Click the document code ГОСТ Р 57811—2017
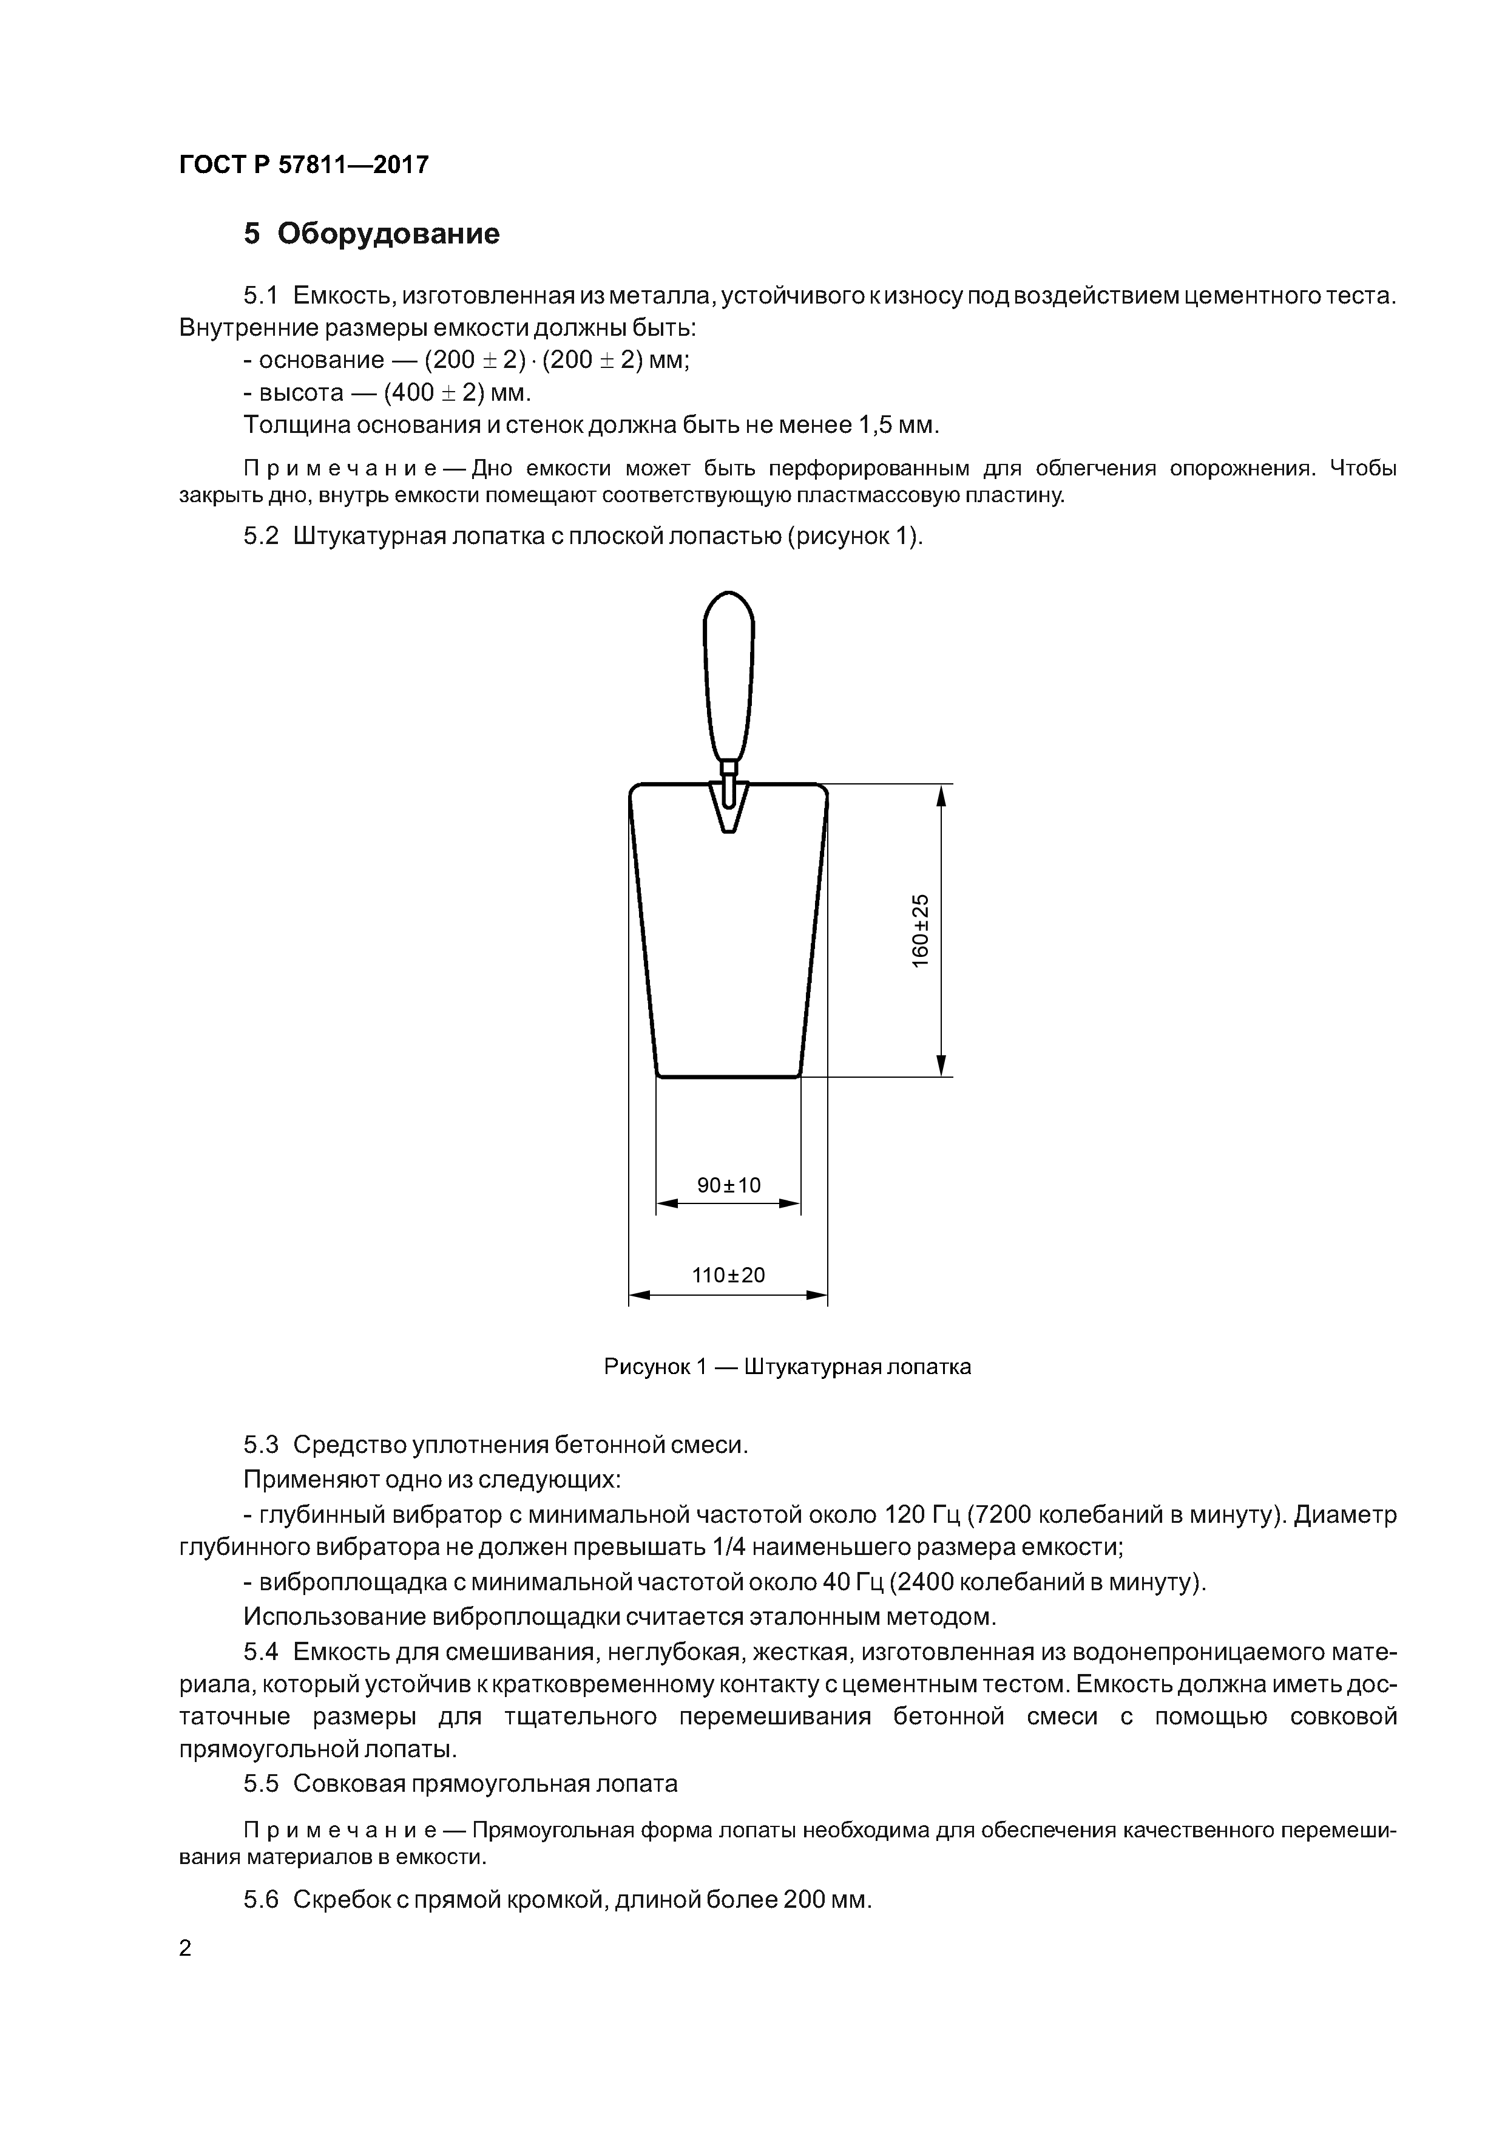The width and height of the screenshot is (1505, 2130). (x=303, y=165)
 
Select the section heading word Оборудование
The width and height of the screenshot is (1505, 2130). (x=388, y=234)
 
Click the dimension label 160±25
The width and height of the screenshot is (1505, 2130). (x=920, y=930)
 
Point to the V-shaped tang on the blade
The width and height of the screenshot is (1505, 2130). (x=729, y=807)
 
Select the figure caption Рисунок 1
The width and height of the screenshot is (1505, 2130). (x=655, y=1367)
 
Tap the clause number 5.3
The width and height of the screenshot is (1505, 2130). (x=260, y=1445)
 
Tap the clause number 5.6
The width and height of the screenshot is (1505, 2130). (x=260, y=1899)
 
